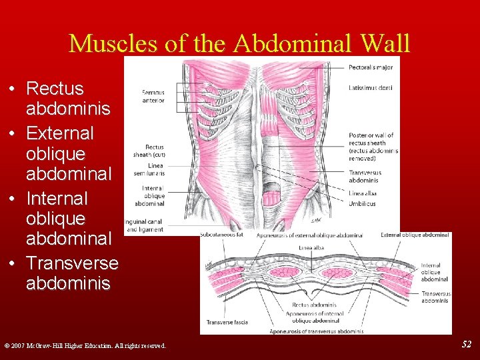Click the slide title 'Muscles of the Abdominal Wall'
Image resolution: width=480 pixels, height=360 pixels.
pyautogui.click(x=239, y=43)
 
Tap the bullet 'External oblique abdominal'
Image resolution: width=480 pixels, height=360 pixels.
pyautogui.click(x=60, y=153)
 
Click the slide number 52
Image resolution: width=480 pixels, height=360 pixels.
pyautogui.click(x=467, y=344)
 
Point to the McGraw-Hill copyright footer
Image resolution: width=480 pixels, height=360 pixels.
pyautogui.click(x=85, y=345)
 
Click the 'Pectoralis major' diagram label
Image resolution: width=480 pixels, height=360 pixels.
pyautogui.click(x=370, y=67)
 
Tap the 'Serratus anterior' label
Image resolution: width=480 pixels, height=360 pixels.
pyautogui.click(x=153, y=96)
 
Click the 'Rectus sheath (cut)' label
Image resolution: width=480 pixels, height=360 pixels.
pyautogui.click(x=154, y=151)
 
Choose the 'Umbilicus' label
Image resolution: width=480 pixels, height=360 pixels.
pyautogui.click(x=362, y=203)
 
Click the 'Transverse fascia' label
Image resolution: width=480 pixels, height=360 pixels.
pyautogui.click(x=227, y=322)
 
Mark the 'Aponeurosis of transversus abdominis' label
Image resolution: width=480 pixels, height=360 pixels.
pyautogui.click(x=316, y=331)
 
